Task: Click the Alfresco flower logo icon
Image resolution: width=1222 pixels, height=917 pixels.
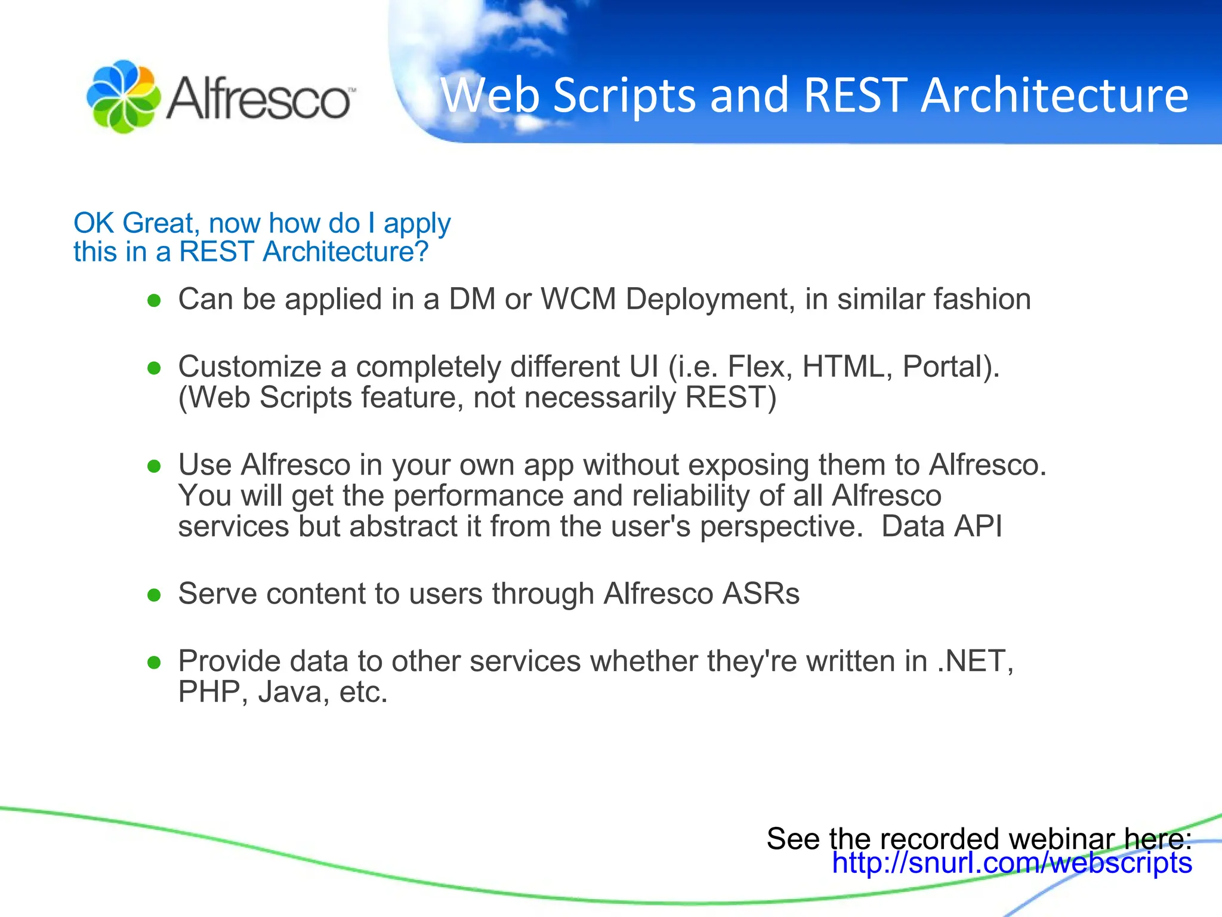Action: [123, 96]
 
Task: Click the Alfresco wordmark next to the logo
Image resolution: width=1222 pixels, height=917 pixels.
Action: [260, 98]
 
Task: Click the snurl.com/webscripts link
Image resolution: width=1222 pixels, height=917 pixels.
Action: [1012, 863]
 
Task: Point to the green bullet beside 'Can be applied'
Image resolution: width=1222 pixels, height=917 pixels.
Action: [155, 300]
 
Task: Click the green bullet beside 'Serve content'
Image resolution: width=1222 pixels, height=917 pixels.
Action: [155, 595]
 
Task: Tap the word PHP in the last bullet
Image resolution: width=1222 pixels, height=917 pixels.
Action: [209, 692]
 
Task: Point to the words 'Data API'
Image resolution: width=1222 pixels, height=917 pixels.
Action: [941, 527]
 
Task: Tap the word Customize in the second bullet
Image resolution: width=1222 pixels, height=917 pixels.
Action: [249, 367]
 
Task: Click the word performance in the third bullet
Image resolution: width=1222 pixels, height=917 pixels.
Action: [478, 496]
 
